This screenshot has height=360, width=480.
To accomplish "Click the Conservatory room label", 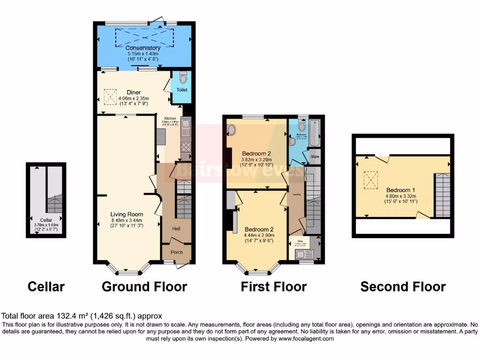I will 143,48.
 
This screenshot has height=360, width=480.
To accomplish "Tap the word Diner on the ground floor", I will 134,92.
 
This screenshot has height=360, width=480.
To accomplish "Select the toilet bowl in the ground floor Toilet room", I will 182,77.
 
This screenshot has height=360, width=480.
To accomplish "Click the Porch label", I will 176,252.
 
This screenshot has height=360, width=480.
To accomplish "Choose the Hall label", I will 176,229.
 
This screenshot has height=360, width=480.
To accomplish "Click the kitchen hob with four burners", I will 186,149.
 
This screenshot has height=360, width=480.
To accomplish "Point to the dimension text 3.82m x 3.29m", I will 256,159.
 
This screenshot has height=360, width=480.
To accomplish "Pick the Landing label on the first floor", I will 296,193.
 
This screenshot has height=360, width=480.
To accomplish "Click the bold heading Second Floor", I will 403,286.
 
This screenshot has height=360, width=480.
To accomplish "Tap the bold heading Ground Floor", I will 144,286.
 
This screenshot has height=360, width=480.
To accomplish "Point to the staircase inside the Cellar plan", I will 54,204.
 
